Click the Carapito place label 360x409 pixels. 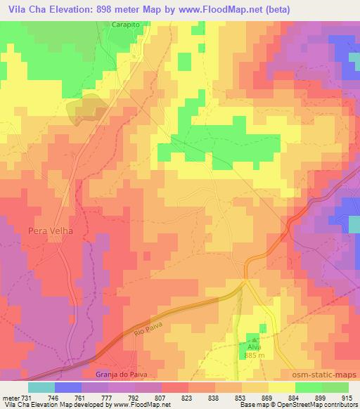127,24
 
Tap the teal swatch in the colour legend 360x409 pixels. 41,387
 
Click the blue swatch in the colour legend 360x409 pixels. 67,387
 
